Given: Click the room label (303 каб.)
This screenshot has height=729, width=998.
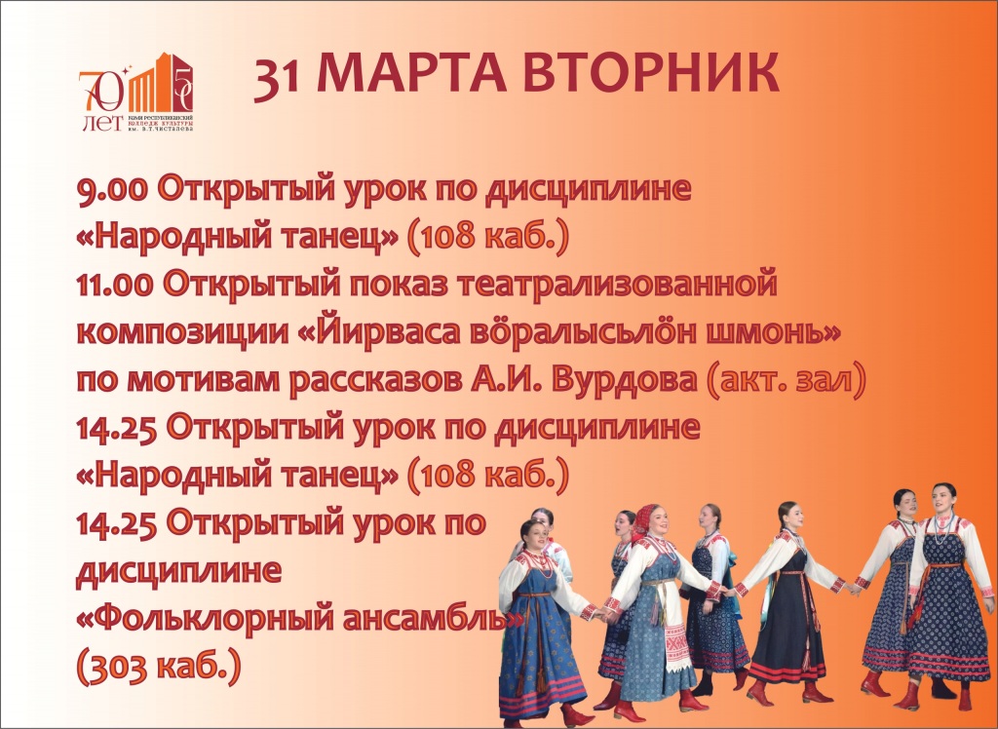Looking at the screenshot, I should [158, 665].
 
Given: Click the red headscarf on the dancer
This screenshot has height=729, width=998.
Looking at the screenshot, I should [644, 519].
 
